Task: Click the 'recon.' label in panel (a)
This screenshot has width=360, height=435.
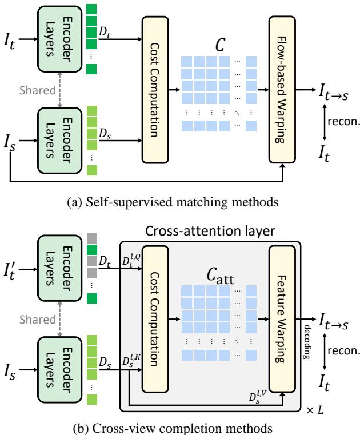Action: (338, 122)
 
